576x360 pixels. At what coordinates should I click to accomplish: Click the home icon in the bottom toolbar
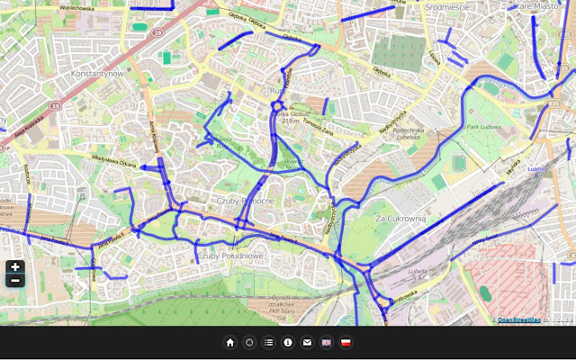[x=230, y=343]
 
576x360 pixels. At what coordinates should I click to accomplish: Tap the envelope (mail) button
[x=307, y=343]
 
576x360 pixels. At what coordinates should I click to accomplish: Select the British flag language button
[x=326, y=343]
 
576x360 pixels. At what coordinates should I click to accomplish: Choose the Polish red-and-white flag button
[x=346, y=343]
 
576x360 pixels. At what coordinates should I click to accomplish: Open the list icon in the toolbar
[x=268, y=343]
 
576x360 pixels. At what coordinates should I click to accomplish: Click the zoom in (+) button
[x=15, y=267]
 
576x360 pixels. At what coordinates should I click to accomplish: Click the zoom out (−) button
[x=15, y=280]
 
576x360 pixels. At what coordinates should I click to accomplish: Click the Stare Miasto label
[x=535, y=5]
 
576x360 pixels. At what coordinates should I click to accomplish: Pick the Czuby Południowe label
[x=229, y=256]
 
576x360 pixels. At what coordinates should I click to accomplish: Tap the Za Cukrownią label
[x=400, y=219]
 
